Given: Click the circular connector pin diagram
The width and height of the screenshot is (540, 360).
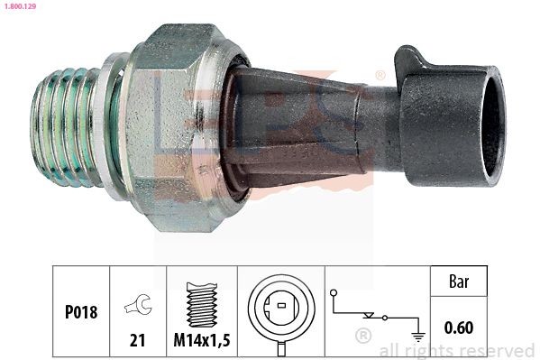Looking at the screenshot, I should coord(280,308).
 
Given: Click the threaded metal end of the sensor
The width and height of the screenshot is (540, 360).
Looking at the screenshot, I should coord(67,131).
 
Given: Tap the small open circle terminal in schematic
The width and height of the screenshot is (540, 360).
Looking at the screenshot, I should coord(334,293).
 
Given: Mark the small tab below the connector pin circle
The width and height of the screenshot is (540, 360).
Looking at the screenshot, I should coord(280,345).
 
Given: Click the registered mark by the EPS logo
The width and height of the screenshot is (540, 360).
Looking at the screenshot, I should coord(380,74).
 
